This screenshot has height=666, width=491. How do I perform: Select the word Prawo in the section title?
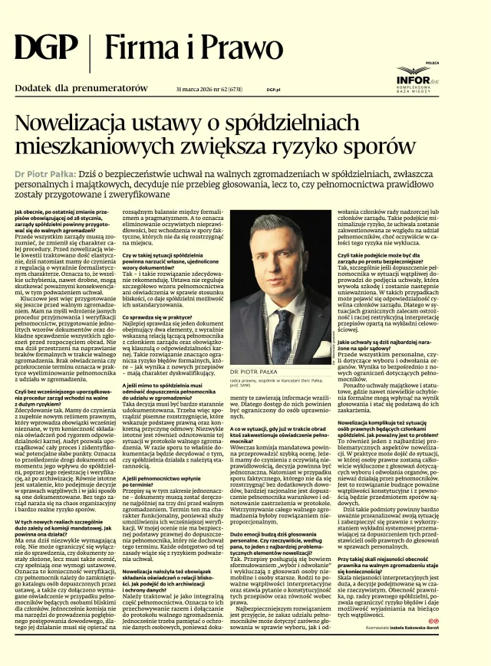(223, 49)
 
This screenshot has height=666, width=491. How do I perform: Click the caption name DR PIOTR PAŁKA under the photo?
(255, 371)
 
